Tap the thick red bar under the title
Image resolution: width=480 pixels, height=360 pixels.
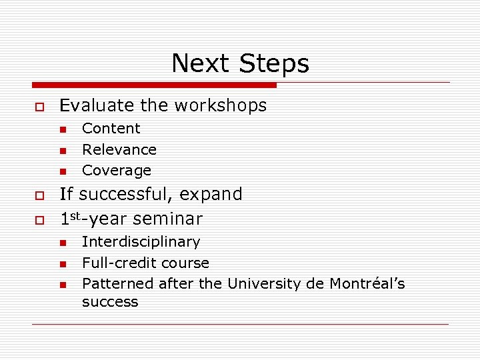click(x=154, y=85)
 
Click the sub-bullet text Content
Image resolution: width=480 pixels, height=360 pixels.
click(x=111, y=128)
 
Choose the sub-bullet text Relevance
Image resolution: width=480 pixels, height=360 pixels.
click(x=119, y=149)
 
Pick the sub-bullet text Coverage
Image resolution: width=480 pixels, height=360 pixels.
click(x=116, y=170)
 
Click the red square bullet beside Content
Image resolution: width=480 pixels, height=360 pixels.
click(x=62, y=129)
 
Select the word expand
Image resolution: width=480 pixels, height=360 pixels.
click(x=212, y=195)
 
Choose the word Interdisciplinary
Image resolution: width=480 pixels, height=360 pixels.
click(x=141, y=242)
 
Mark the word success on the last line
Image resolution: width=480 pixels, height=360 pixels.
click(x=110, y=302)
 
